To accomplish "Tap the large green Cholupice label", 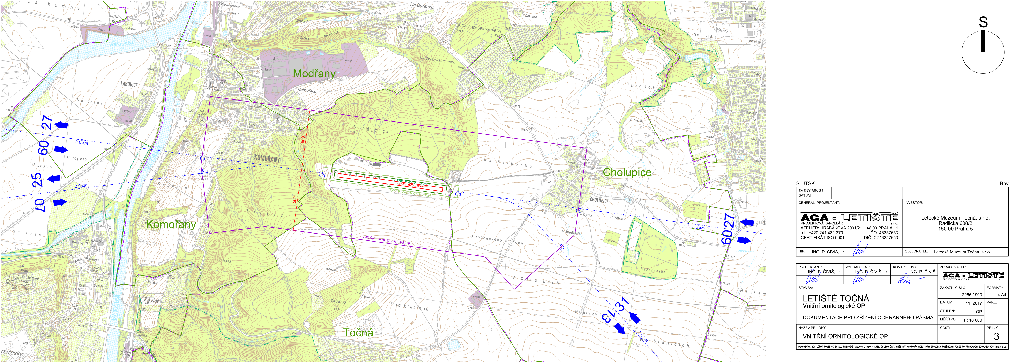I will (x=627, y=172).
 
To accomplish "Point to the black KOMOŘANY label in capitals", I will (x=267, y=159).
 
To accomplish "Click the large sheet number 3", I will (x=996, y=336).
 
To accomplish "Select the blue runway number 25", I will (x=37, y=180).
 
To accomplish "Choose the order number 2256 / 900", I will (x=972, y=295).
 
